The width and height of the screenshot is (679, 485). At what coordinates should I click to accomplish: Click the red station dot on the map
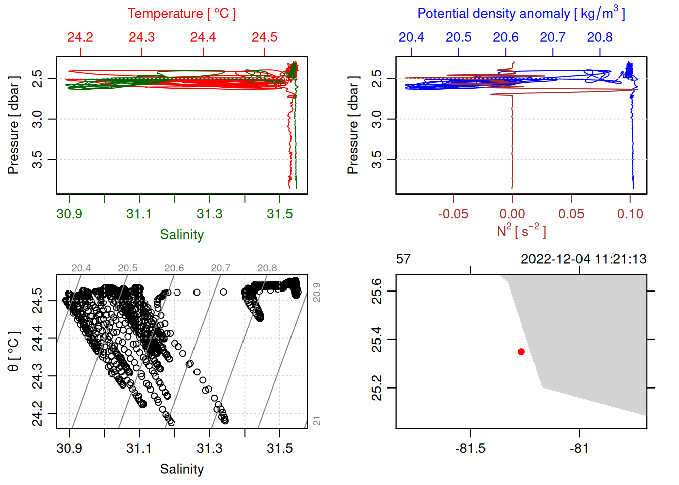521,352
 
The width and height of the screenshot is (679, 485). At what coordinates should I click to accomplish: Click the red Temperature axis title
181,14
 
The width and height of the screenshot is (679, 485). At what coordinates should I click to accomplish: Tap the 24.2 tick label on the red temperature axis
80,37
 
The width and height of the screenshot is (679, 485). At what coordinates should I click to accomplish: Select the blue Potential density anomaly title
521,14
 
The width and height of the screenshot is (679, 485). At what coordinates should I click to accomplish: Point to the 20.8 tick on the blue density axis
600,37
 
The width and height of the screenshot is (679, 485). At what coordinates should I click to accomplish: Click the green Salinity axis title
181,235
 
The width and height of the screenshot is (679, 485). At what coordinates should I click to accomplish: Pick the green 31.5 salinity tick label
279,214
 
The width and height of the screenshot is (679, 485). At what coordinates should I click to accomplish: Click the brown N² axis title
521,231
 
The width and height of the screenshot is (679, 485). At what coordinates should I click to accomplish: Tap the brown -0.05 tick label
453,214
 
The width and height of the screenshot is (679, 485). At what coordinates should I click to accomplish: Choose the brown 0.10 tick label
630,214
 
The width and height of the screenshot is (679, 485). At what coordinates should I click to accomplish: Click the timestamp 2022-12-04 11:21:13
584,259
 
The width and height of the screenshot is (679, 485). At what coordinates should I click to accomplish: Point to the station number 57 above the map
403,259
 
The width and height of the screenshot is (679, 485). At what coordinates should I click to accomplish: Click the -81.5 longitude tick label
470,448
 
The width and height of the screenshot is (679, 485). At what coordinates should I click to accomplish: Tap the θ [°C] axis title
13,351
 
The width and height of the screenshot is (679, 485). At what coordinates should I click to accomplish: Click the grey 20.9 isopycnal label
317,292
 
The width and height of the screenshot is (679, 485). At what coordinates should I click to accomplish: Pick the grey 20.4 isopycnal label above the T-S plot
81,268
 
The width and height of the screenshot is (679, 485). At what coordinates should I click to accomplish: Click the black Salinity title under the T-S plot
181,469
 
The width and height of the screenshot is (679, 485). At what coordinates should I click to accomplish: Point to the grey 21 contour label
317,421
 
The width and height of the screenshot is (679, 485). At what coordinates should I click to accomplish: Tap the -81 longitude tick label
579,448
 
